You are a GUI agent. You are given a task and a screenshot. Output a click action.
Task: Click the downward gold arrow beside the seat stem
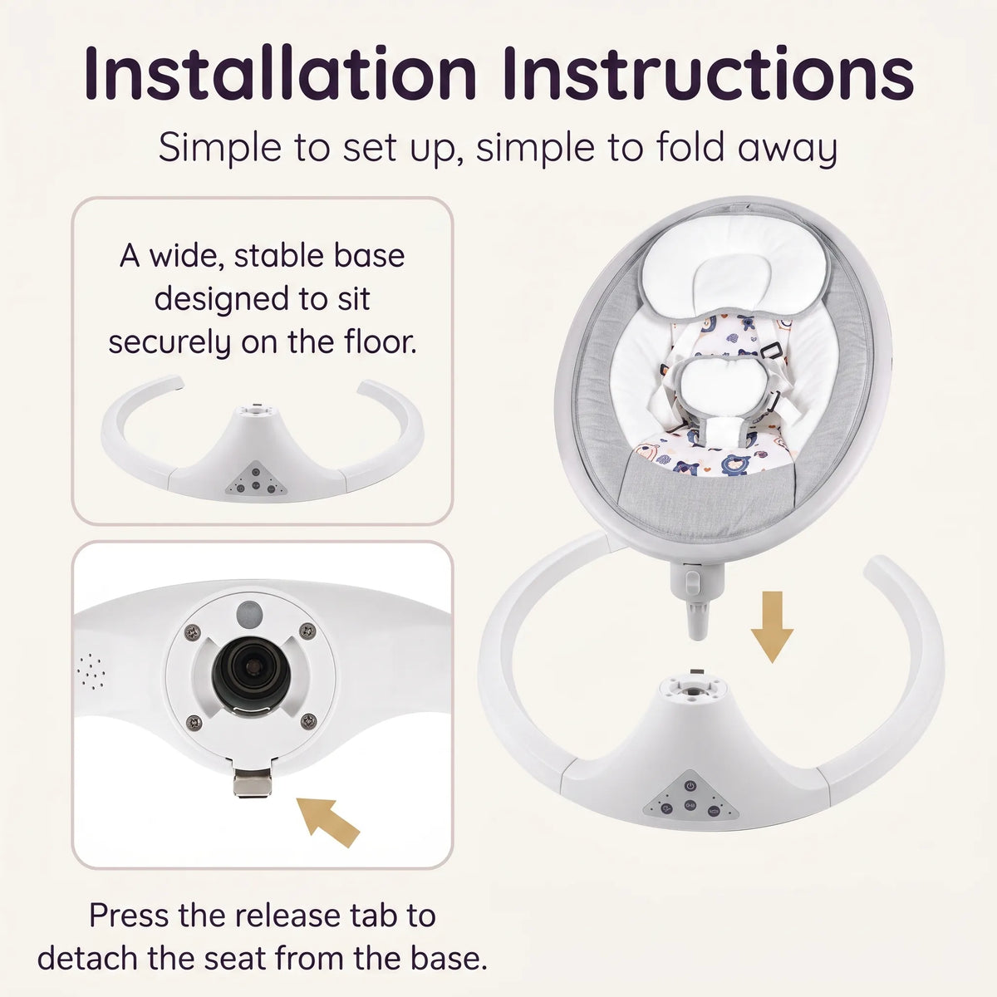[x=772, y=626]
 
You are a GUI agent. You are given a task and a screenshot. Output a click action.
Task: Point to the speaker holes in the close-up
[x=92, y=671]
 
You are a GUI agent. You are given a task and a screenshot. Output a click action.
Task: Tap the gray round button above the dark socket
[x=250, y=614]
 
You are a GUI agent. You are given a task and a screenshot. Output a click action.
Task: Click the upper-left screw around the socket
[x=193, y=631]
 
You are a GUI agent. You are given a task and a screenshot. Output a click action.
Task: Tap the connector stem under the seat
[x=695, y=599]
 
